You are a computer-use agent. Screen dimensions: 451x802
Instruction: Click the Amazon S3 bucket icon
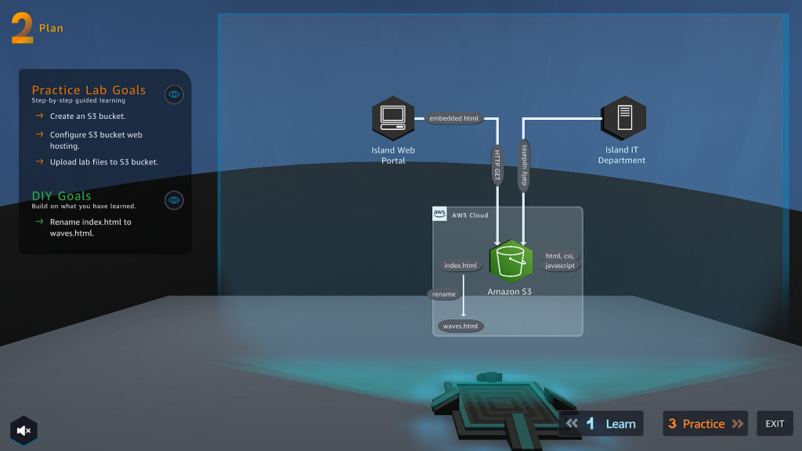[511, 262]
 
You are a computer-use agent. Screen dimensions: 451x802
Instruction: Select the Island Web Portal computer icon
[392, 118]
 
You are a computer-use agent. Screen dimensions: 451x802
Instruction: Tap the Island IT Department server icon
[623, 118]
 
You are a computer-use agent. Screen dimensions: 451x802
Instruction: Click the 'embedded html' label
[454, 118]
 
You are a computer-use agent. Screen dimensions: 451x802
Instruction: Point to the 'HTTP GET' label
[497, 166]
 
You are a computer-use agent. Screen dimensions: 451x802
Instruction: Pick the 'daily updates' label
[524, 166]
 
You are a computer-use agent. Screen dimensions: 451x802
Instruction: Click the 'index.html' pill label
[461, 265]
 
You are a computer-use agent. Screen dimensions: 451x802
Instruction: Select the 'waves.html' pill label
[461, 326]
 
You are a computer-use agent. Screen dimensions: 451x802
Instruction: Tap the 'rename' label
[443, 294]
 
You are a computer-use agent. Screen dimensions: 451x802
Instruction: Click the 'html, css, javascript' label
[560, 261]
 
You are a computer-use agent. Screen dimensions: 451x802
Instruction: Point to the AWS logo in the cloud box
[439, 215]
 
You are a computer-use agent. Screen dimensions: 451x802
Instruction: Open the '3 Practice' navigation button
[705, 424]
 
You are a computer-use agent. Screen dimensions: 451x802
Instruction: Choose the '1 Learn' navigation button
[601, 424]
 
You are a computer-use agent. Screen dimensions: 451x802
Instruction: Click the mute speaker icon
[23, 430]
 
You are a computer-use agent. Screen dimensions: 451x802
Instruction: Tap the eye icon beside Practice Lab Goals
[174, 95]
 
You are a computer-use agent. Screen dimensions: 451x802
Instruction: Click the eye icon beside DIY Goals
[174, 200]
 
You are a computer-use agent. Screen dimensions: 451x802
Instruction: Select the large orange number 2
[22, 28]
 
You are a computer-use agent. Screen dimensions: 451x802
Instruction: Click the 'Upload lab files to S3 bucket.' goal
[103, 162]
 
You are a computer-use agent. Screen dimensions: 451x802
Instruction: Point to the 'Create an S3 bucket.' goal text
[87, 116]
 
